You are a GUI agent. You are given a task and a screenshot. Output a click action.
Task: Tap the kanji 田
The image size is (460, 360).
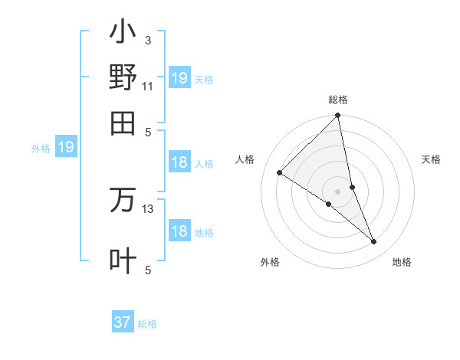tap(123, 123)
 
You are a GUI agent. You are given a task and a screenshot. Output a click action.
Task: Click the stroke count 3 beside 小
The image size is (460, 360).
tap(148, 41)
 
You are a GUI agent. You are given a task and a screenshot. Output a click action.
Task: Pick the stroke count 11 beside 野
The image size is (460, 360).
tap(148, 86)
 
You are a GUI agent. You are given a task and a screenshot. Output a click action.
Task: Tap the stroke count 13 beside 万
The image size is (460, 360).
tap(148, 208)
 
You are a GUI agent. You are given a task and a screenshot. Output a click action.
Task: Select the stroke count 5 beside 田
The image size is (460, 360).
tap(148, 131)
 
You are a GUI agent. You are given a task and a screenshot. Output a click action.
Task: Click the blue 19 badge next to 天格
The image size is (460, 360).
tap(179, 78)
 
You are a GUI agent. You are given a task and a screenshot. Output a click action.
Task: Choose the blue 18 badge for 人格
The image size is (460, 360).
tap(179, 162)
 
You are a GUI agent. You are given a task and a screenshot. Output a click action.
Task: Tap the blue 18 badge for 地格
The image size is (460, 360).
tap(179, 231)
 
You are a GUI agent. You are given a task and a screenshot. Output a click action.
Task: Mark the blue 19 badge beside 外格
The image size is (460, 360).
tap(66, 147)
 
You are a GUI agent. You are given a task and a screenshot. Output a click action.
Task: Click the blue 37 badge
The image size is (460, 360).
tap(122, 322)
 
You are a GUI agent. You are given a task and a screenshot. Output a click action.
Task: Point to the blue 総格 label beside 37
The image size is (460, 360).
tap(147, 324)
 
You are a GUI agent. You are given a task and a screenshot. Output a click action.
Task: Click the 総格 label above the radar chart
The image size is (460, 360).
tap(338, 100)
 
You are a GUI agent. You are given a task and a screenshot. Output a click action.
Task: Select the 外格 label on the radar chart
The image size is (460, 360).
tap(270, 262)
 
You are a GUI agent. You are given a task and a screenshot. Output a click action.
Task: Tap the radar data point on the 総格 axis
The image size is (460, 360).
tap(338, 116)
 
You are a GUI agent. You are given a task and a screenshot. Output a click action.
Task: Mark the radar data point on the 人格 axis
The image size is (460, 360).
tap(280, 173)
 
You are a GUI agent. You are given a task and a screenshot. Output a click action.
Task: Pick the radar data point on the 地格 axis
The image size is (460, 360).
tap(374, 242)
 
